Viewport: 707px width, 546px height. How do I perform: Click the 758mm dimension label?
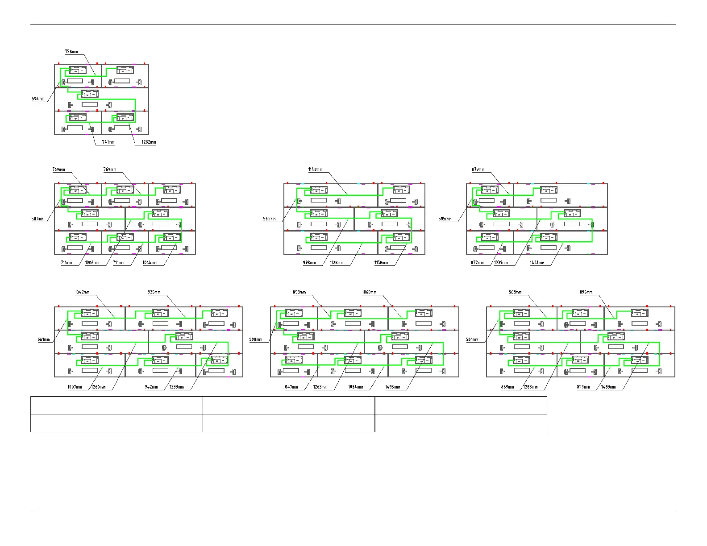71,52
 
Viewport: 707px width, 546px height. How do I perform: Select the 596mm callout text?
38,99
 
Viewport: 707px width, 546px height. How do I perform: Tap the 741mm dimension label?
108,142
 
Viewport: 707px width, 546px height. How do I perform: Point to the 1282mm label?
149,142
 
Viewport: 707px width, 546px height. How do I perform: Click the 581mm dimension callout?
38,219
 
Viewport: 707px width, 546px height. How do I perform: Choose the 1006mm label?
92,263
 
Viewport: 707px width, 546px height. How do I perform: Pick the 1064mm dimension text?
150,263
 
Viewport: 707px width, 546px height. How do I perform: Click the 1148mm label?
315,170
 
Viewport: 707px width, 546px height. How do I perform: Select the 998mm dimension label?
309,263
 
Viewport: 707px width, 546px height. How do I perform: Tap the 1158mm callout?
381,263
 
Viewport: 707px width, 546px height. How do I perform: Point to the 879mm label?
478,170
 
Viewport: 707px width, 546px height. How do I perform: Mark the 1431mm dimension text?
537,263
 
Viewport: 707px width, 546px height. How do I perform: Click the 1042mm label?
82,292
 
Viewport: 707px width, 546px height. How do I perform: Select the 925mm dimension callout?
154,292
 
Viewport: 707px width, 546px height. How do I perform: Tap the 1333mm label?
177,387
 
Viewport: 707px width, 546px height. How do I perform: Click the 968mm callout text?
515,292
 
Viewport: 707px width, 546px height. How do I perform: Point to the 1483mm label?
609,387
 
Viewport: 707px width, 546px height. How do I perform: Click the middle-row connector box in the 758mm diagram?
90,94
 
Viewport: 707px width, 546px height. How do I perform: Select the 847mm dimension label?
291,387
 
